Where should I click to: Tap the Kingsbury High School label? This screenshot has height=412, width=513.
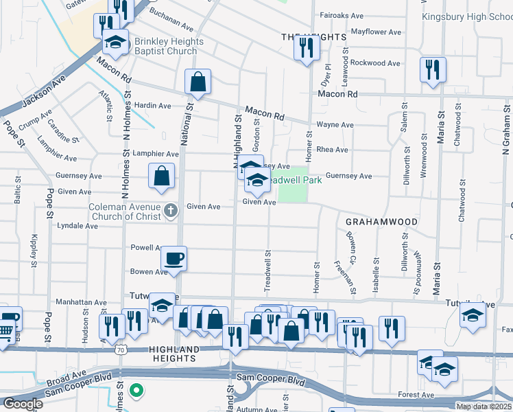(x=466, y=16)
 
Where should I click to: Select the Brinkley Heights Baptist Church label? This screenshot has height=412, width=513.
(x=169, y=47)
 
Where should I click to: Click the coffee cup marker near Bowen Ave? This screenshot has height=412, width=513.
(x=174, y=259)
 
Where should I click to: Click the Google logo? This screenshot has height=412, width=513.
(x=22, y=404)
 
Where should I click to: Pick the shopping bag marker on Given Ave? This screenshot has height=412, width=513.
(x=160, y=176)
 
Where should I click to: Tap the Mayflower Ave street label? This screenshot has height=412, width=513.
(x=375, y=32)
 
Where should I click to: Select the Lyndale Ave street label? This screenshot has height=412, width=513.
(x=77, y=225)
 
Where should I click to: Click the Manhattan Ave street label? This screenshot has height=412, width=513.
(x=82, y=302)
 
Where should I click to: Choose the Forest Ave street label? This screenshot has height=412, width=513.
(x=416, y=396)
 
